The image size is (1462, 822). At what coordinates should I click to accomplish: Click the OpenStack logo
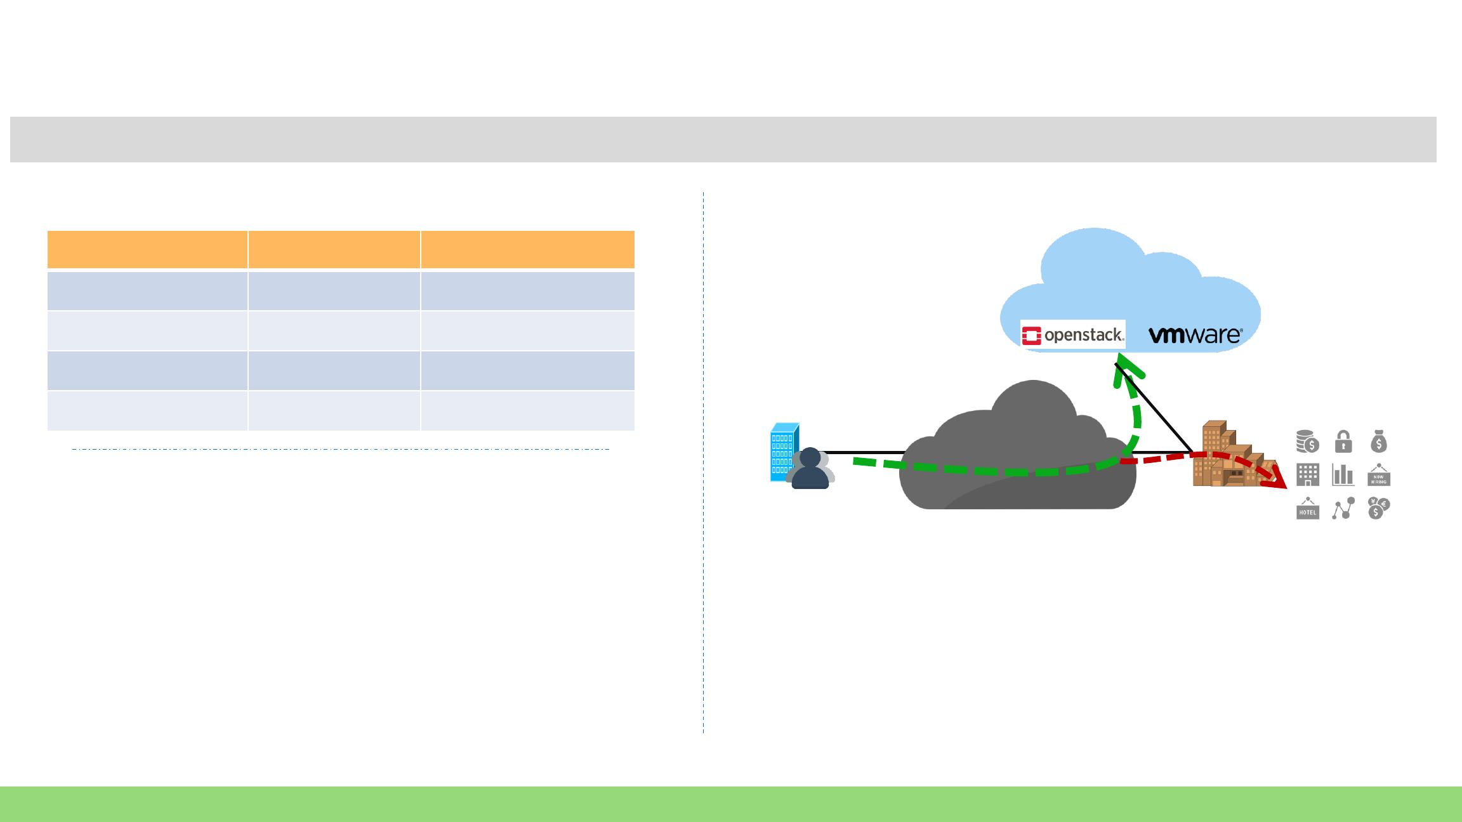[x=1072, y=335]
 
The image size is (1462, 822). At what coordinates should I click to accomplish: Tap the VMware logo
[x=1195, y=335]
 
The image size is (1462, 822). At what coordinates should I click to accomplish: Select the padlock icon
[x=1343, y=441]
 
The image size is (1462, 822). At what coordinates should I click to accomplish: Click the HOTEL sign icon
[x=1307, y=509]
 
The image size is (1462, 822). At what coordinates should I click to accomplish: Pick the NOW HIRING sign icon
[x=1379, y=475]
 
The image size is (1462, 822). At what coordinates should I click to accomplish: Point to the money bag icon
[x=1378, y=441]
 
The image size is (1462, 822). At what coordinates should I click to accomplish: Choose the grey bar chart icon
[x=1343, y=474]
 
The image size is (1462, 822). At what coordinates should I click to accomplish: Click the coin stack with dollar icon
[x=1307, y=441]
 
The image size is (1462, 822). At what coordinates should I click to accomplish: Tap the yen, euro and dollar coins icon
[x=1378, y=508]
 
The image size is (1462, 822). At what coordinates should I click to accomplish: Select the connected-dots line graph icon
[x=1343, y=508]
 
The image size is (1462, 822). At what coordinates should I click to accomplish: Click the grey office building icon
[x=1307, y=474]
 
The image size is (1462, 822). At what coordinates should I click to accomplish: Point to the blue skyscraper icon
[x=783, y=451]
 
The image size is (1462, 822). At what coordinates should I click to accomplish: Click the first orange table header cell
[x=147, y=249]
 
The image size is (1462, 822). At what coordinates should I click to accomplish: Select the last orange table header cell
[x=527, y=249]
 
